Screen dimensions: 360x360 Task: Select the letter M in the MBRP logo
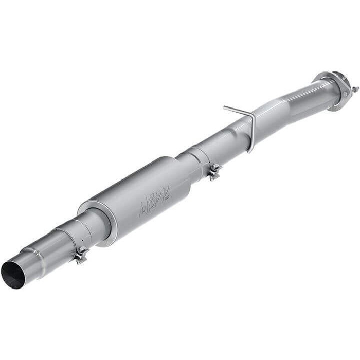(145, 206)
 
